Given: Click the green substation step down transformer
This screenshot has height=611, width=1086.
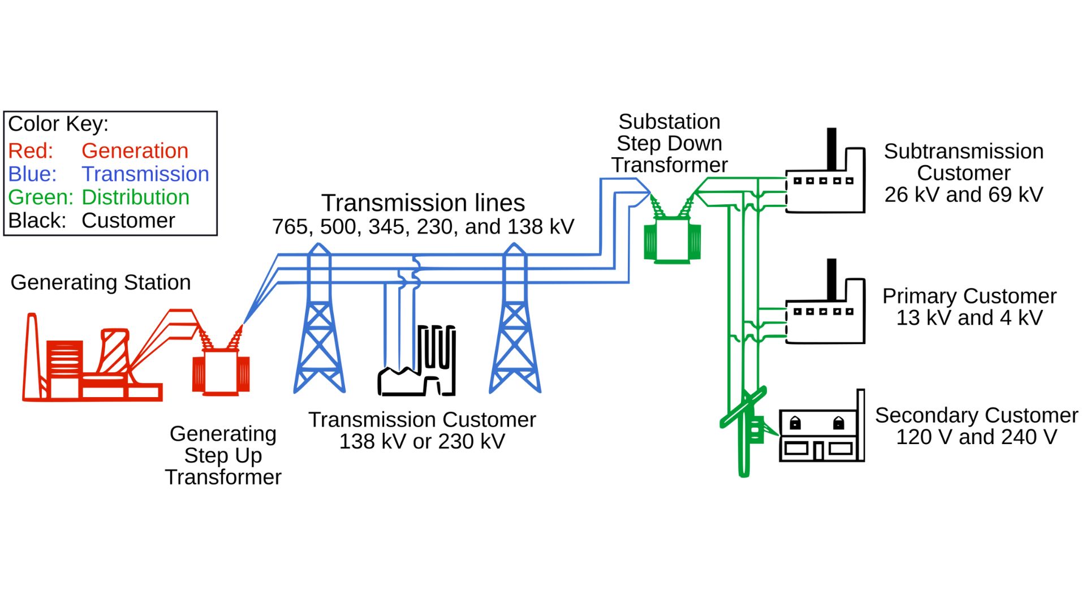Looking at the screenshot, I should click(x=673, y=240).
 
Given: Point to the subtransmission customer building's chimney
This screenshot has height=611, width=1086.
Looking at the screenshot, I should click(x=831, y=148).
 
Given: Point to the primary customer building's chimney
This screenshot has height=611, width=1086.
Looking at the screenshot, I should click(x=831, y=279).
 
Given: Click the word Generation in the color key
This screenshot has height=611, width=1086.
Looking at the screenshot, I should click(x=135, y=151).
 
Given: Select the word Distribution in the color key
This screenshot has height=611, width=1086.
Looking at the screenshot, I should click(x=135, y=197).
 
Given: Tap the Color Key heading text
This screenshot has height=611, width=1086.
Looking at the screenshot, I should click(x=58, y=124).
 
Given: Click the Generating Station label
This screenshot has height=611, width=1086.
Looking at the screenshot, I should click(x=101, y=282).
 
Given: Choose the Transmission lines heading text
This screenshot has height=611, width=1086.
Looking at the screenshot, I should click(x=423, y=203).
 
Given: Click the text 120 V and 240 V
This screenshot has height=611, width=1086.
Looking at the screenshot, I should click(x=976, y=437).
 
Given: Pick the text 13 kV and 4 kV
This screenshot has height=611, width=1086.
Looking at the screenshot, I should click(x=969, y=318).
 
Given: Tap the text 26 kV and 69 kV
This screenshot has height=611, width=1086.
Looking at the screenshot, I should click(x=963, y=195).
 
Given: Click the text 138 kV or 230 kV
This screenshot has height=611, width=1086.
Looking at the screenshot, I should click(x=422, y=442).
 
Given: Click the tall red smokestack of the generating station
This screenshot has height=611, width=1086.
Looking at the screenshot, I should click(x=32, y=356).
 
